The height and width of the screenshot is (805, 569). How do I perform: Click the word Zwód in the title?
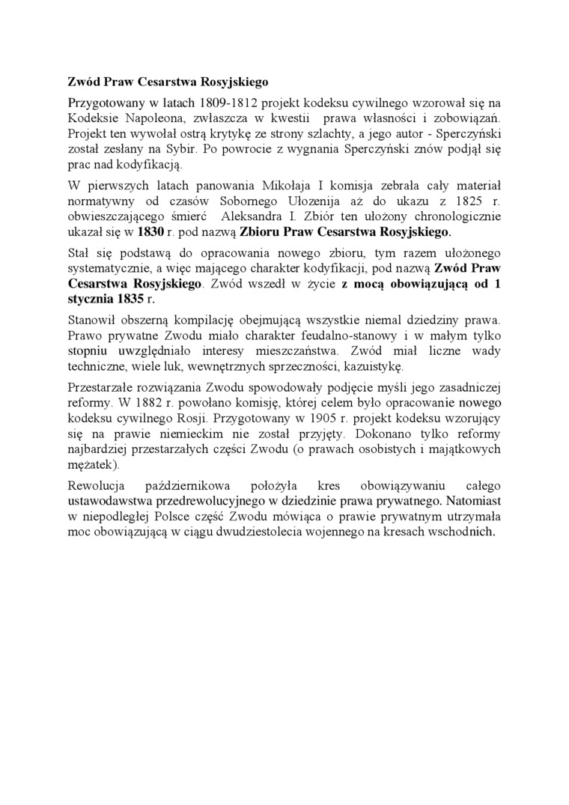[82, 81]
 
